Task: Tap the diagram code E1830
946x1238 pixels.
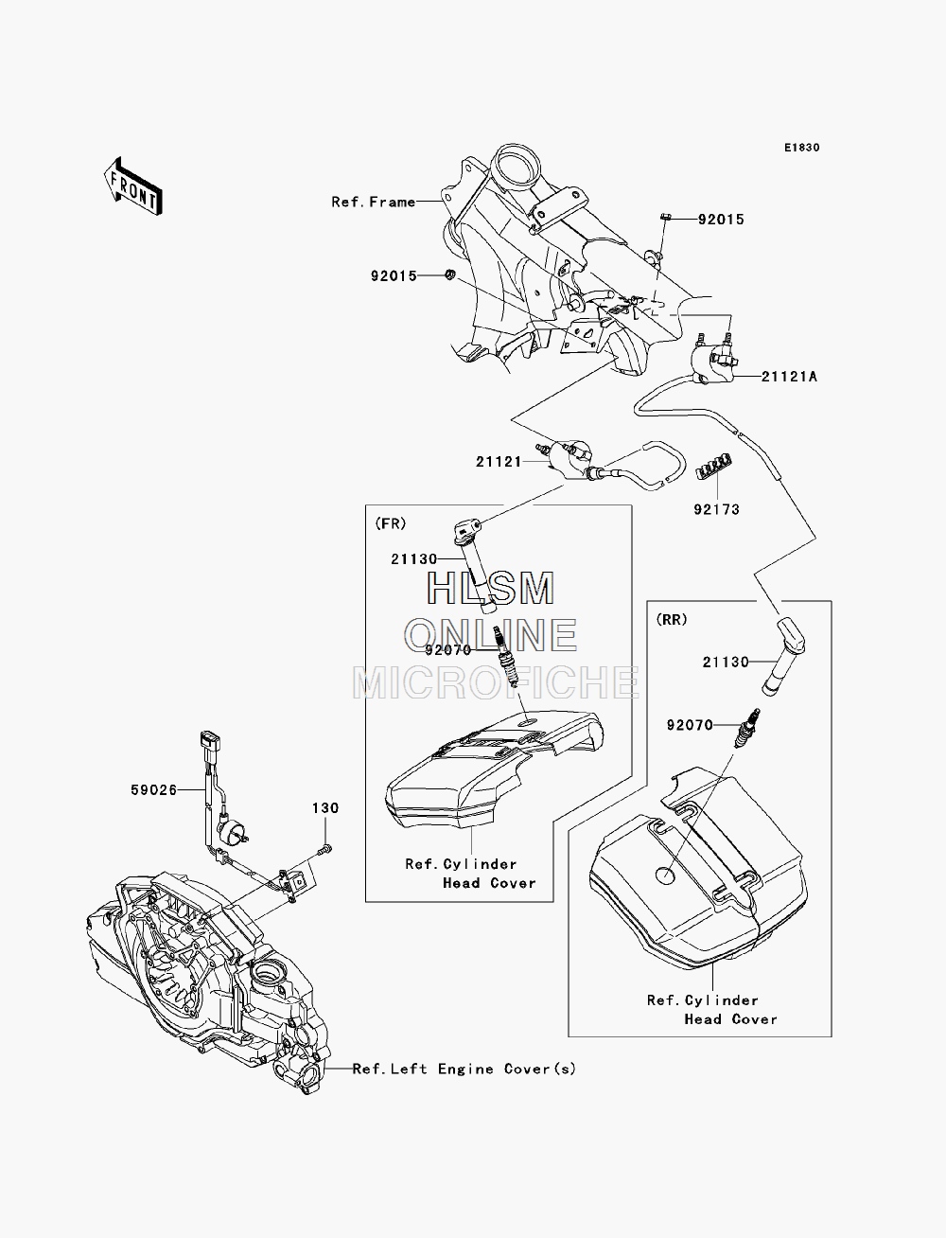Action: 801,148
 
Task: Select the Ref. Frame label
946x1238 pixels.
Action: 374,202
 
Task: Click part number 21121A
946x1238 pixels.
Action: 789,376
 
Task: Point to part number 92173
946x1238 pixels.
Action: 716,509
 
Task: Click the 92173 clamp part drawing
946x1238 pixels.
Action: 714,466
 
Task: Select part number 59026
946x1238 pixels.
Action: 153,790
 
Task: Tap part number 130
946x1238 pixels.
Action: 325,808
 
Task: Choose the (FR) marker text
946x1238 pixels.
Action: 390,524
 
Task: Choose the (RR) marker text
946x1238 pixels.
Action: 672,620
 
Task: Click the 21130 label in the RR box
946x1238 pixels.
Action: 726,662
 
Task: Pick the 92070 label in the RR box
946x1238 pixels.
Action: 690,725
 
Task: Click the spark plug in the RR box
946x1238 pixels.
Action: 747,728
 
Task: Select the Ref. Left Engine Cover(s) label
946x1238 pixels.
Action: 464,1069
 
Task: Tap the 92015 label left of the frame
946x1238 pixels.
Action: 394,275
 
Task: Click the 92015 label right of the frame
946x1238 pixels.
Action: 721,220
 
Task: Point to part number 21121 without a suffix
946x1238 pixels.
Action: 499,462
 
